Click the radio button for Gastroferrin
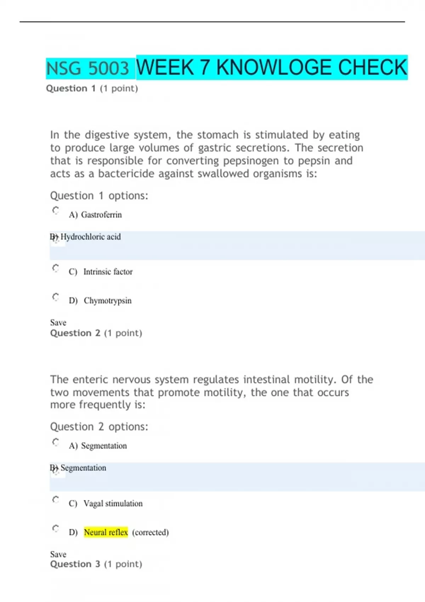56,211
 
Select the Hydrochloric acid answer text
90,237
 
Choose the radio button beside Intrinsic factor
56,268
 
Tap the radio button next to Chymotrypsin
56,297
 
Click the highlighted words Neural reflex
106,532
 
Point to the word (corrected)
150,532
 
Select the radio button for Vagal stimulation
56,500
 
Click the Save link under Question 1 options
58,323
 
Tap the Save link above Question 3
58,554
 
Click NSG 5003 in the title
88,68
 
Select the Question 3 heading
96,564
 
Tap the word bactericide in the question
126,174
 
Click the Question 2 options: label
99,427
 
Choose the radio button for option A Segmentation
56,442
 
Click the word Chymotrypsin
108,301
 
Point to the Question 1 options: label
99,196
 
